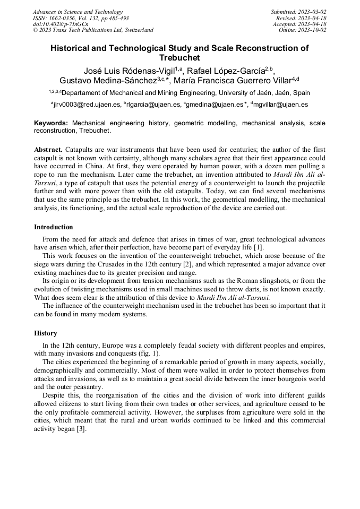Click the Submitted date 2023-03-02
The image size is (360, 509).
(x=311, y=12)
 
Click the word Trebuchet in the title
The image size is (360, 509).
(x=179, y=57)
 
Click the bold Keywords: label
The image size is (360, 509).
(x=51, y=123)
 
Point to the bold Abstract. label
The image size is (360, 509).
(x=48, y=150)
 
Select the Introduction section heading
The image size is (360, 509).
(x=54, y=227)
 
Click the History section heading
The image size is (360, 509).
(x=45, y=333)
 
